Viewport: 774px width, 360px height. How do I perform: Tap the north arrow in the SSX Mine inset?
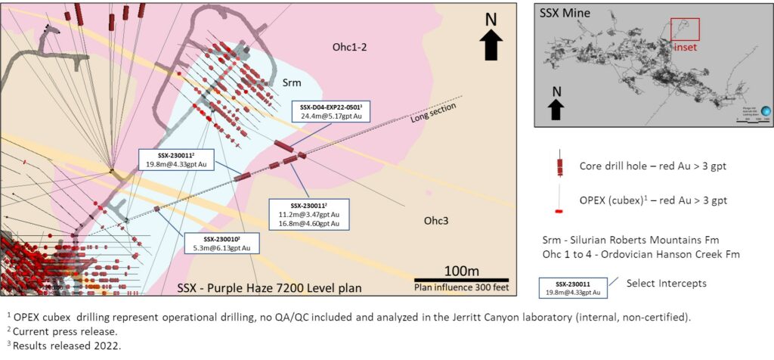[556, 104]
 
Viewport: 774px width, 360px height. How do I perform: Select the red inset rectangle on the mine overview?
[685, 29]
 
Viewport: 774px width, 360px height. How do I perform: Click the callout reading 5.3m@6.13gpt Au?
[222, 243]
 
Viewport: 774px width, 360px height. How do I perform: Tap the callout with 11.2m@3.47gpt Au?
[309, 214]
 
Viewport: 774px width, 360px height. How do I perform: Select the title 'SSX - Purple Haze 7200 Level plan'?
[269, 287]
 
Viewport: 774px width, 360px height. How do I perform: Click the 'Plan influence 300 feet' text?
[461, 288]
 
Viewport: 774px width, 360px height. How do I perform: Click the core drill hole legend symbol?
[559, 165]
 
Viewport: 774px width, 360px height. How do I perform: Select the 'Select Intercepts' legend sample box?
[571, 287]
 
